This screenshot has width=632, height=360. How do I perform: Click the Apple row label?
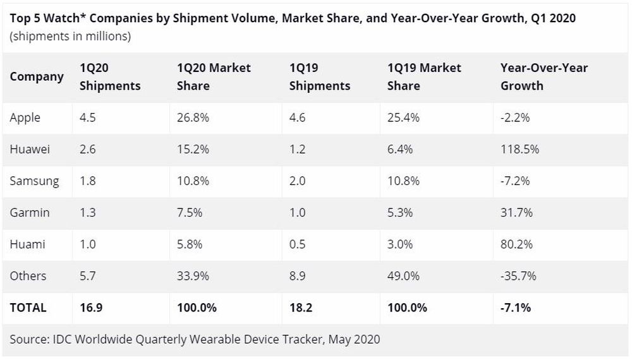pyautogui.click(x=25, y=117)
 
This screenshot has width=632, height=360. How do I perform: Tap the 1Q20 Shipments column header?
pyautogui.click(x=110, y=76)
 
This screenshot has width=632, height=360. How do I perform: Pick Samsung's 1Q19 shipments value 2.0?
pyautogui.click(x=298, y=181)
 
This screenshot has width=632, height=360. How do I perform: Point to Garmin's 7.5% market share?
pyautogui.click(x=190, y=212)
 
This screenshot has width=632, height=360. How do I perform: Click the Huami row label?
pyautogui.click(x=27, y=244)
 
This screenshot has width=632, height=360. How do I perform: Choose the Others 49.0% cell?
pyautogui.click(x=403, y=275)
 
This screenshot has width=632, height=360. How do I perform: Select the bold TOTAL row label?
pyautogui.click(x=28, y=308)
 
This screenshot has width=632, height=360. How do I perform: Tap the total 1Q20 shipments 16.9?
pyautogui.click(x=90, y=308)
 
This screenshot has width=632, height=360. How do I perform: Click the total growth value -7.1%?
pyautogui.click(x=516, y=308)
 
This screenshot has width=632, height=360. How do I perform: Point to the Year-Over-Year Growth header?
pyautogui.click(x=544, y=76)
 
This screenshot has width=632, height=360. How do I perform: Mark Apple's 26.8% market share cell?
pyautogui.click(x=192, y=117)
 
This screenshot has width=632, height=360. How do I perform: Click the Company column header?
pyautogui.click(x=37, y=76)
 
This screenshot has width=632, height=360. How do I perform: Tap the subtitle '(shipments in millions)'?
pyautogui.click(x=70, y=36)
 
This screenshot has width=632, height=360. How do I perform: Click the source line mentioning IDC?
pyautogui.click(x=195, y=339)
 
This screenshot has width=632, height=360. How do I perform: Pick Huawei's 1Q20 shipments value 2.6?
pyautogui.click(x=88, y=149)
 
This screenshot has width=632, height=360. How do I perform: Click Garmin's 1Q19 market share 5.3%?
pyautogui.click(x=400, y=212)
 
